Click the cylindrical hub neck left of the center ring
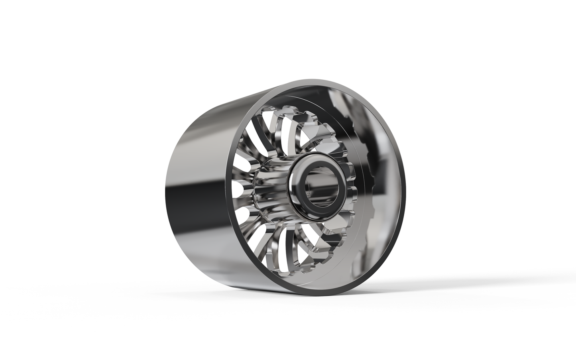point(271,187)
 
